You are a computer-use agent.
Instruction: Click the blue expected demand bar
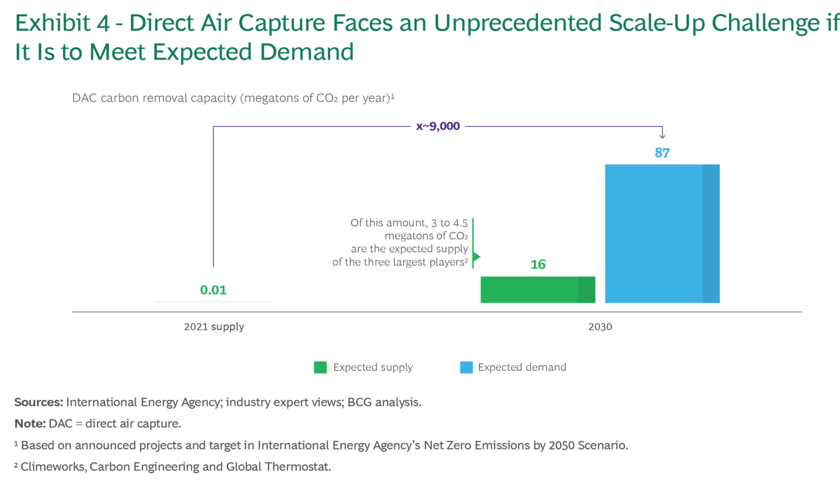click(x=662, y=234)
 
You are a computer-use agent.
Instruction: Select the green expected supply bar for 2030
click(x=537, y=290)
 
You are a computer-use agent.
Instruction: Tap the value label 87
click(x=662, y=153)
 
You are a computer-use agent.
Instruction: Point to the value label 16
click(x=538, y=265)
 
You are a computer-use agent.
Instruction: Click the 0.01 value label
click(x=213, y=290)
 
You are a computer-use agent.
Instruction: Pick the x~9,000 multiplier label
click(x=437, y=126)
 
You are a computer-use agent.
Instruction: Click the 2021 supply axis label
click(x=213, y=327)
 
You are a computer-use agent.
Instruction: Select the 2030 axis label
click(x=600, y=327)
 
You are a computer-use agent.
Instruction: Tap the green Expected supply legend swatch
click(x=320, y=367)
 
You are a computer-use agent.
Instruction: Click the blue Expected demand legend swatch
click(x=466, y=367)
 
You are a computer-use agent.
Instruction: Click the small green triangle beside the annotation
click(x=476, y=256)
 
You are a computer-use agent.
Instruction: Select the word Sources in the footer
click(x=38, y=402)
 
